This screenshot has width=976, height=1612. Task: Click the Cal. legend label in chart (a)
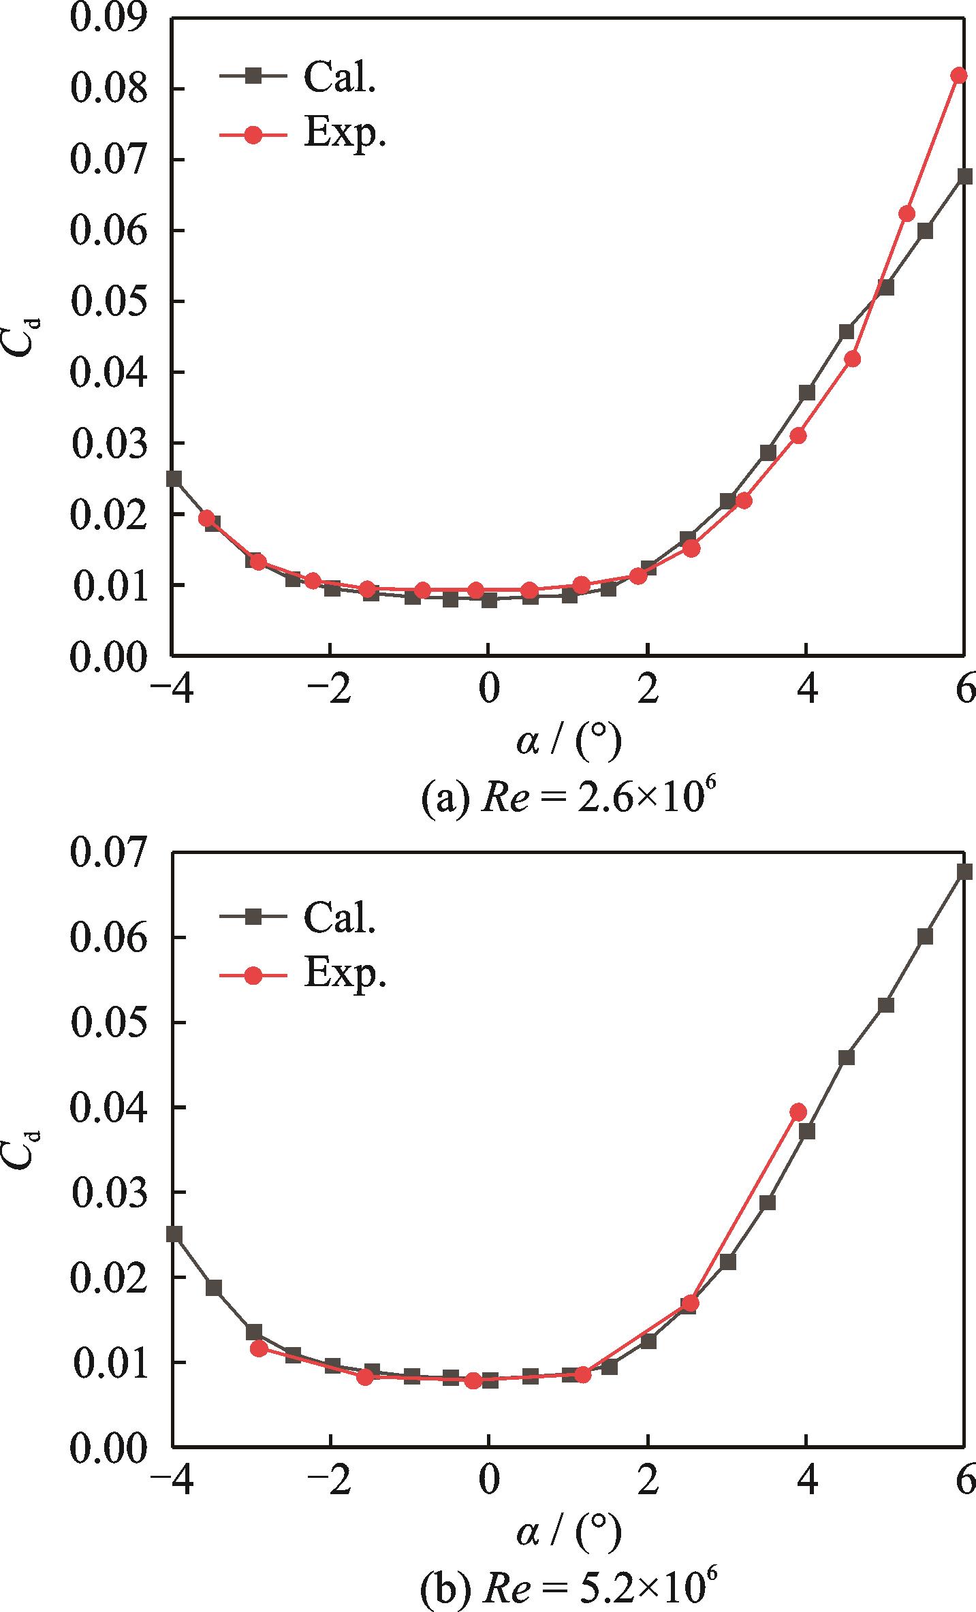[340, 78]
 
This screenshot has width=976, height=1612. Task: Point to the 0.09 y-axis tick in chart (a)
[109, 19]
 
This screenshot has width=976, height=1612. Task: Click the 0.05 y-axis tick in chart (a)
[109, 302]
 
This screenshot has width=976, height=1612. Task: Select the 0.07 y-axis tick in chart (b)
[109, 853]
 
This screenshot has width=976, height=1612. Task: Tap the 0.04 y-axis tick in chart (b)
[109, 1108]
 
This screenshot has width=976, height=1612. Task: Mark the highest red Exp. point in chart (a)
[959, 75]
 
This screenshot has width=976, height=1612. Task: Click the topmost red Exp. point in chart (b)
[798, 1112]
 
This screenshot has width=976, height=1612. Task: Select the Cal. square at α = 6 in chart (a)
[965, 176]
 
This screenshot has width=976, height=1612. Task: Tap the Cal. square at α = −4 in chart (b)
[174, 1234]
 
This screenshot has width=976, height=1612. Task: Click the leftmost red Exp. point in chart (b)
[258, 1329]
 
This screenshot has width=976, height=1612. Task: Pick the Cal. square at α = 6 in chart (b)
[965, 872]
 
